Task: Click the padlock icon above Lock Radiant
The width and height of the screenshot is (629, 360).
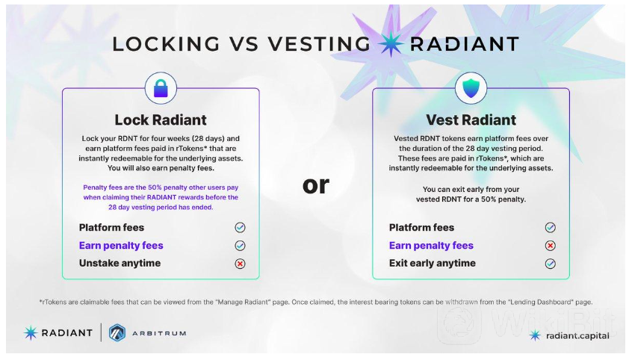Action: [x=161, y=88]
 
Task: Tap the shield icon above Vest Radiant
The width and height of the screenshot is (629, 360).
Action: [x=471, y=88]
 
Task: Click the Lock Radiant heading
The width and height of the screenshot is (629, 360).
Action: [x=161, y=120]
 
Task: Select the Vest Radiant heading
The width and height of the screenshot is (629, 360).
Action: [x=471, y=120]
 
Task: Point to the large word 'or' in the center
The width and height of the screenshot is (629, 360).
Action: [x=316, y=185]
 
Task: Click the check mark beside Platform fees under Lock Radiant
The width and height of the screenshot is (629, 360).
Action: [x=240, y=228]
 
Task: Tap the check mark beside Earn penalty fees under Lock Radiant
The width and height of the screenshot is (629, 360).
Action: [x=240, y=246]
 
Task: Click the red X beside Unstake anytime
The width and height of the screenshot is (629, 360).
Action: [x=240, y=264]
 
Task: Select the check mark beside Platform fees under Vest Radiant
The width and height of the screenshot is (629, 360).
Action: [x=551, y=228]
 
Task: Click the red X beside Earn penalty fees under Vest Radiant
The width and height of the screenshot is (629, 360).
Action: [x=551, y=246]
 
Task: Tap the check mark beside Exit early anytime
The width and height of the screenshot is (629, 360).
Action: [x=551, y=264]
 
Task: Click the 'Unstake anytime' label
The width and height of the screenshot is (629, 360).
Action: [x=120, y=264]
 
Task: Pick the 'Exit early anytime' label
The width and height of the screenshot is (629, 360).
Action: [x=433, y=264]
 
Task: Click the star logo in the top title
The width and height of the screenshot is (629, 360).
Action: [x=391, y=44]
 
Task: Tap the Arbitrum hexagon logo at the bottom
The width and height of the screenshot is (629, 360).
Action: [x=117, y=333]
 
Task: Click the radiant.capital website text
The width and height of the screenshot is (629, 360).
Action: [x=577, y=336]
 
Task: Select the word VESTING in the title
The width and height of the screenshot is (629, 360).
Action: [x=319, y=44]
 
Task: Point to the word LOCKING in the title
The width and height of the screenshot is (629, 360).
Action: [x=166, y=44]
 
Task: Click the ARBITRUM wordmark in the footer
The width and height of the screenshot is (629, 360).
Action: [x=159, y=333]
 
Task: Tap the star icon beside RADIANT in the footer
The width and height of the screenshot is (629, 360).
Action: [x=31, y=333]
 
